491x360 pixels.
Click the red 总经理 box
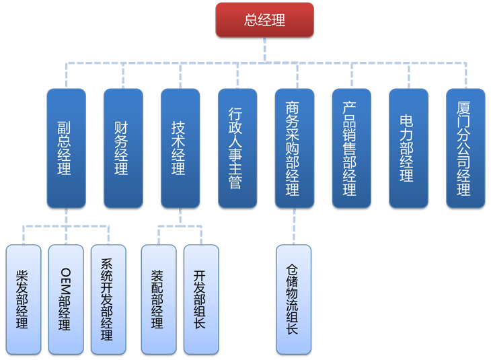264,20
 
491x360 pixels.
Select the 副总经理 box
66,148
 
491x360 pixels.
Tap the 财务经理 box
123,148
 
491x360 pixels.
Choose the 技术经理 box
180,148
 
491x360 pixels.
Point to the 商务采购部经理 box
294,148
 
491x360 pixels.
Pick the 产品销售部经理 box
351,148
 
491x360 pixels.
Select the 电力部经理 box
408,148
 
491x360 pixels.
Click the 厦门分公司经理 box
465,148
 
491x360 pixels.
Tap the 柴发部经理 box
24,299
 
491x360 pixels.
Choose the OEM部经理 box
66,299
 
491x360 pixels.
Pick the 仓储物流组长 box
294,299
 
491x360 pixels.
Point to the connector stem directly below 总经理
264,43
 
